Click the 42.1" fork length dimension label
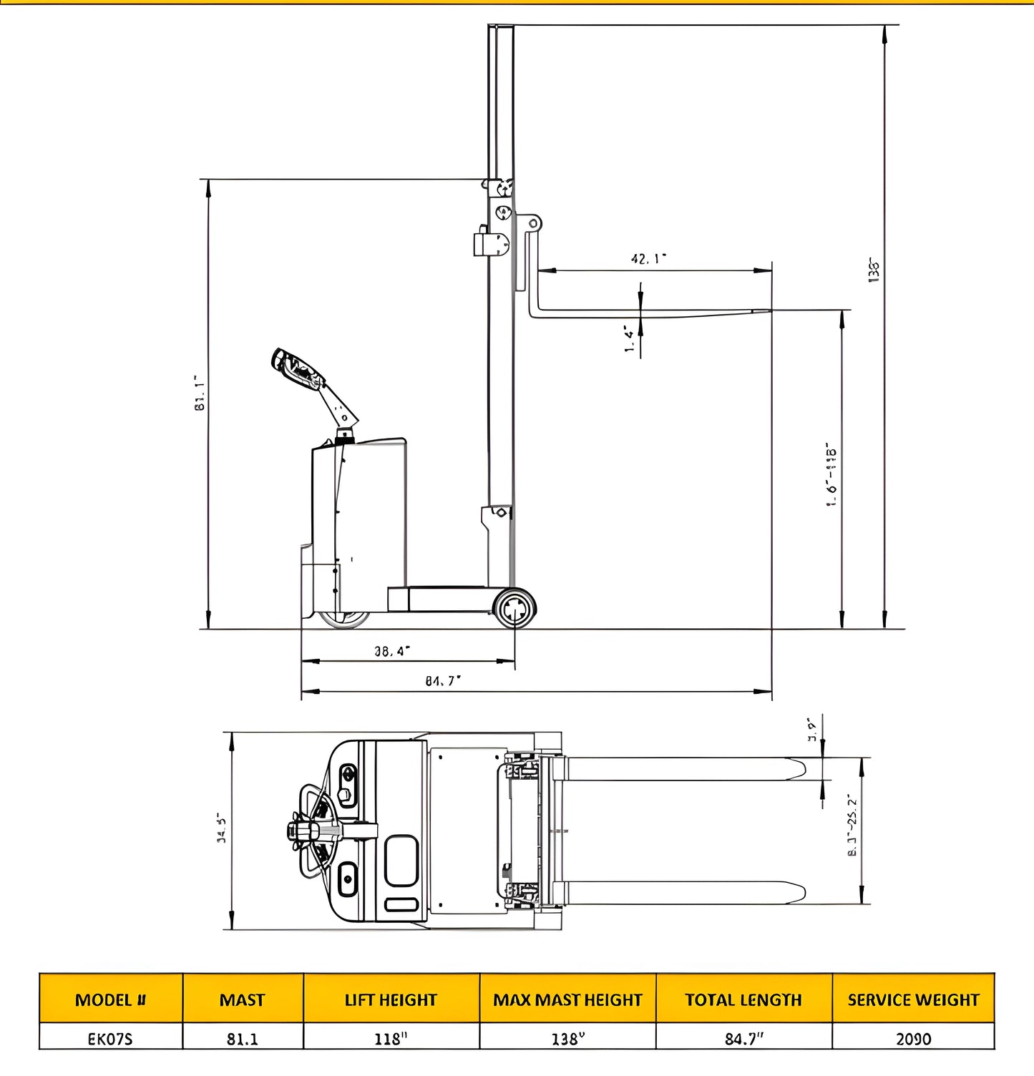pyautogui.click(x=648, y=258)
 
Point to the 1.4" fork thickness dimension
pyautogui.click(x=629, y=339)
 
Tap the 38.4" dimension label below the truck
pyautogui.click(x=392, y=651)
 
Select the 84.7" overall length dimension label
pyautogui.click(x=443, y=681)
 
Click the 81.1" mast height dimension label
pyautogui.click(x=200, y=393)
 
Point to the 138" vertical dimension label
pyautogui.click(x=874, y=270)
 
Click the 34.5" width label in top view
pyautogui.click(x=222, y=828)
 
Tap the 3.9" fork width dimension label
pyautogui.click(x=812, y=730)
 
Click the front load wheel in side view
pyautogui.click(x=514, y=609)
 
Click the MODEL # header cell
pyautogui.click(x=111, y=999)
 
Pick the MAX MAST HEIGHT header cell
pyautogui.click(x=567, y=999)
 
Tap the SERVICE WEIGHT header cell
pyautogui.click(x=913, y=999)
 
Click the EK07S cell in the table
pyautogui.click(x=110, y=1038)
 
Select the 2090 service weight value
pyautogui.click(x=913, y=1038)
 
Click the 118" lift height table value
pyautogui.click(x=391, y=1038)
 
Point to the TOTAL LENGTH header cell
pyautogui.click(x=743, y=999)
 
